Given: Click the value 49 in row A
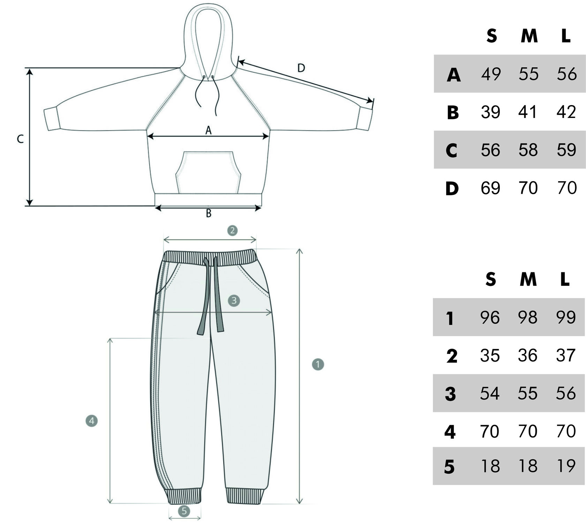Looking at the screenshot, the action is (x=491, y=74).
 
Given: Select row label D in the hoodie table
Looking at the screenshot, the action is (x=452, y=188).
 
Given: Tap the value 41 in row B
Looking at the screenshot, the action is (x=528, y=112).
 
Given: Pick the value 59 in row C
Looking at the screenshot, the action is (x=566, y=150).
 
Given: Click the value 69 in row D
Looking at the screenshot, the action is (x=490, y=188).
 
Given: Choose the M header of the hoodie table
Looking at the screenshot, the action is (x=529, y=36).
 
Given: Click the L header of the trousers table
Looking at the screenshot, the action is (x=565, y=279).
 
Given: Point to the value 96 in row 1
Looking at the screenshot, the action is (x=490, y=317).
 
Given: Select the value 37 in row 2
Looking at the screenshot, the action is (x=565, y=355).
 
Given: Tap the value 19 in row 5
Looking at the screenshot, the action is (x=566, y=466).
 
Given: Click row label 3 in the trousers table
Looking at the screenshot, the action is (x=451, y=394).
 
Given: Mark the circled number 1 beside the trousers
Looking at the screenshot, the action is (x=318, y=364).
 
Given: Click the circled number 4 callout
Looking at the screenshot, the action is (x=91, y=421).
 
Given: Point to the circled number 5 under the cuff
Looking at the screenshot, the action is (x=184, y=511).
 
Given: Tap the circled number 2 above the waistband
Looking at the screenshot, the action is (x=232, y=230).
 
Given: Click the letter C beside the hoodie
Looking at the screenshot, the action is (x=20, y=139).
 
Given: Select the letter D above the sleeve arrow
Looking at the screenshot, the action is (x=301, y=68).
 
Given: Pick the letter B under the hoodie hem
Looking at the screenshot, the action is (x=208, y=213).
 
